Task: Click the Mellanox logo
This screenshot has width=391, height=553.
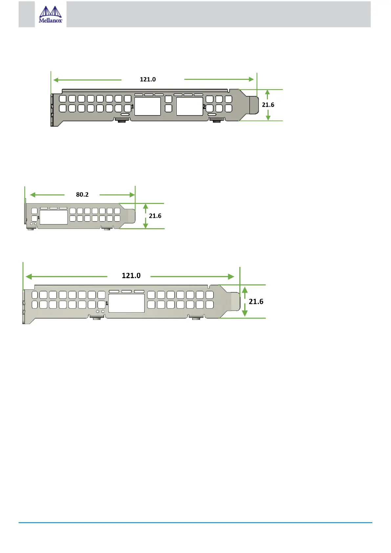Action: [x=51, y=14]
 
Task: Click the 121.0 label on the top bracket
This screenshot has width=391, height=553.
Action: [x=148, y=79]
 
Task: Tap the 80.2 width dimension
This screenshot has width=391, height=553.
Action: [x=82, y=195]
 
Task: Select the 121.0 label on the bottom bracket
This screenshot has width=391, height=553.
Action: [x=131, y=276]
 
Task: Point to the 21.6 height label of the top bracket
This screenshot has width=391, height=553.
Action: [x=268, y=105]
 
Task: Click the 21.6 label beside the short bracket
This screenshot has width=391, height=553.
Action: [x=155, y=216]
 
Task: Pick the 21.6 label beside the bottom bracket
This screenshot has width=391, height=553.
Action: [x=256, y=302]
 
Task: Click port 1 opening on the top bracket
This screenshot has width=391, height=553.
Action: [x=147, y=106]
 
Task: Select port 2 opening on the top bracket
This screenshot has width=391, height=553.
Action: [x=189, y=106]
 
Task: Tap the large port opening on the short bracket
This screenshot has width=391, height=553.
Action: [x=54, y=217]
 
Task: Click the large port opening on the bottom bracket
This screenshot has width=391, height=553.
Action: [x=126, y=303]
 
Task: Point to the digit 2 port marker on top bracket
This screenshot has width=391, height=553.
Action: [x=204, y=107]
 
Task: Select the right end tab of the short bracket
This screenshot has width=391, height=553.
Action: [x=131, y=216]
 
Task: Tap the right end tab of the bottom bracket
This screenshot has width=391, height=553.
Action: [x=235, y=301]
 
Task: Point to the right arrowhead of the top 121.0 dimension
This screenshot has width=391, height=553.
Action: [x=251, y=79]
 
